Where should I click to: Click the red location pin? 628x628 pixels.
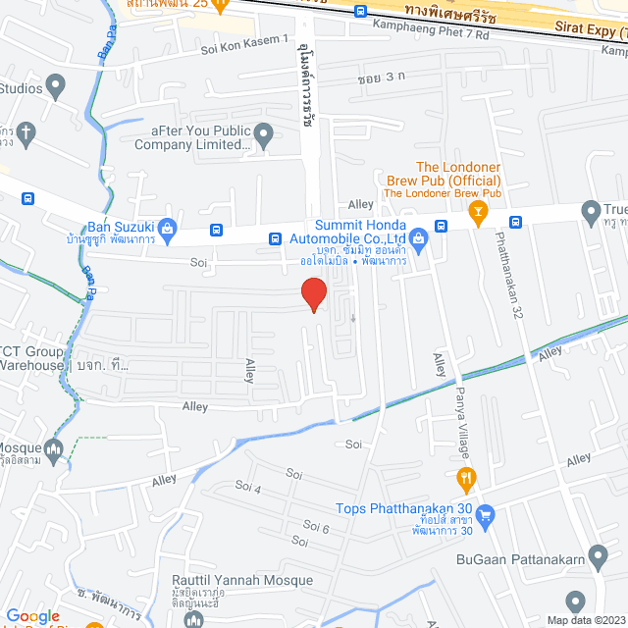coord(313,293)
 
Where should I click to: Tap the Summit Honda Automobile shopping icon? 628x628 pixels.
coord(419,235)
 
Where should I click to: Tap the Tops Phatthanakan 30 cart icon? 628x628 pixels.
coord(485,514)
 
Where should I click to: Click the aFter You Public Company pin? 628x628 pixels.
coord(263,132)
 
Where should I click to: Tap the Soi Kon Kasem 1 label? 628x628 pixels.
coord(244,40)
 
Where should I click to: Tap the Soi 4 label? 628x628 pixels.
coord(249,489)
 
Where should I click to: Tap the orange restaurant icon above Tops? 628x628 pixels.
coord(467,480)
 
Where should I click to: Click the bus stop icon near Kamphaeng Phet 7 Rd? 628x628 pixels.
coord(361,12)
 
